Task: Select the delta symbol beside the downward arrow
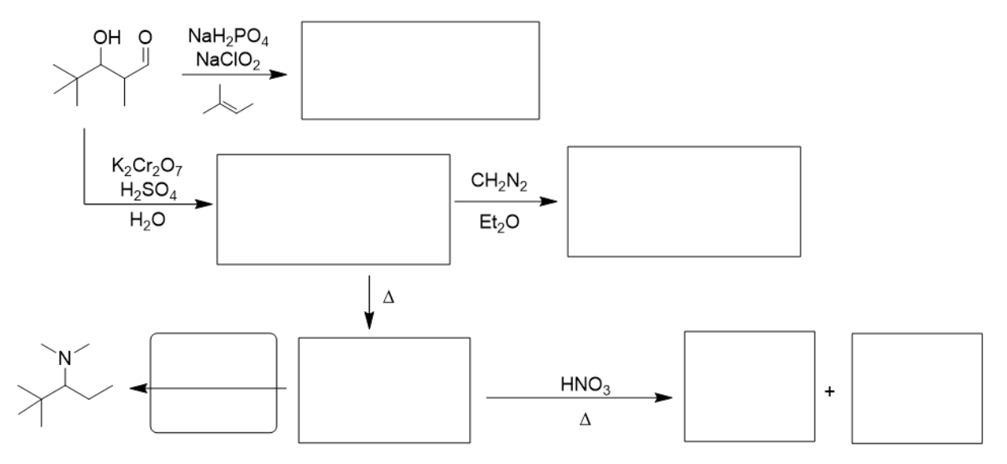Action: click(389, 297)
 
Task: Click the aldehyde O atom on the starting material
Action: click(145, 37)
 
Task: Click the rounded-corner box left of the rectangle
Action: click(214, 383)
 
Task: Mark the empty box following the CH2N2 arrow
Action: click(683, 202)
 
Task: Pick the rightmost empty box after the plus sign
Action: click(916, 387)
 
